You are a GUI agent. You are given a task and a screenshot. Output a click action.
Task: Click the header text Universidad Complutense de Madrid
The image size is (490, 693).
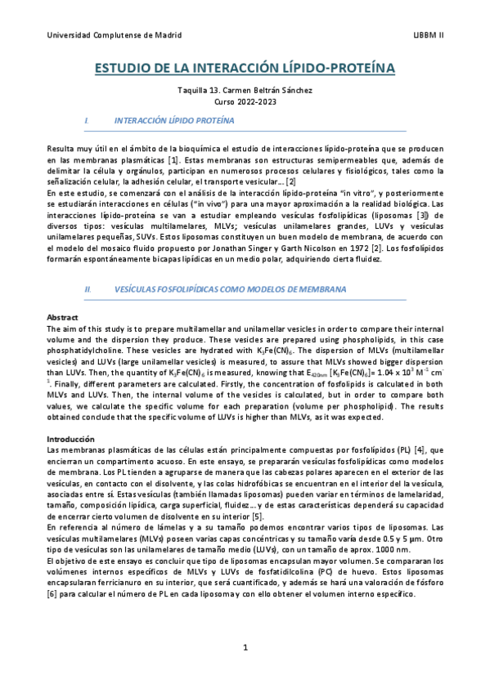click(115, 35)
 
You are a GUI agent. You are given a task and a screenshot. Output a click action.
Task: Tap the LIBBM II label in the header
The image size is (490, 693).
click(429, 35)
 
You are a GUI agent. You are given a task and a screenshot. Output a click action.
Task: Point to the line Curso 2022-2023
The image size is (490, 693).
click(245, 102)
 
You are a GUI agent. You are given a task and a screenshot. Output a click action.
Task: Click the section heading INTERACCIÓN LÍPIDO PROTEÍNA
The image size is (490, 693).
click(174, 120)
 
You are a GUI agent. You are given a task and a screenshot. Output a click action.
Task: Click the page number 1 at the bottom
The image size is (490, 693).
click(245, 647)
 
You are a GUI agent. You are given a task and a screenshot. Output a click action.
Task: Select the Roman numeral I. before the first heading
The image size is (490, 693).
click(87, 120)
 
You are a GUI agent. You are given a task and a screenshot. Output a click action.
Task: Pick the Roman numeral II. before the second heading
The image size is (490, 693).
click(88, 289)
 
